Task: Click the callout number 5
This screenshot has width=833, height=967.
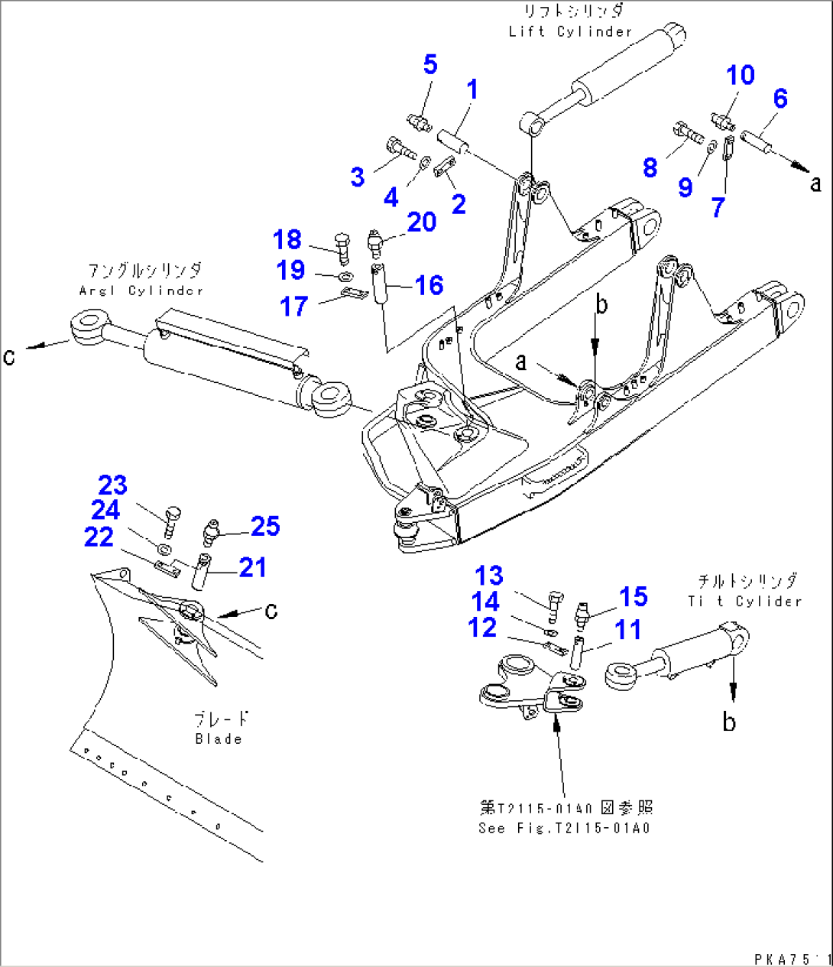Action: pyautogui.click(x=430, y=65)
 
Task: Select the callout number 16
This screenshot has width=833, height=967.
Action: pyautogui.click(x=429, y=285)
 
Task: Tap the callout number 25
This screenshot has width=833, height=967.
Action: pyautogui.click(x=265, y=526)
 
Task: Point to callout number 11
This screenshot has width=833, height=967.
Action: pyautogui.click(x=628, y=631)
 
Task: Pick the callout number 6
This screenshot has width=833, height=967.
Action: pyautogui.click(x=780, y=99)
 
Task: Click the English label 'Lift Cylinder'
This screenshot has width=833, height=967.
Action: pyautogui.click(x=570, y=31)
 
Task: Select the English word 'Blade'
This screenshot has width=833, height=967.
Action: pyautogui.click(x=219, y=739)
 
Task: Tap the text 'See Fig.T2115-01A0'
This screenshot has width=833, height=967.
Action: pyautogui.click(x=565, y=828)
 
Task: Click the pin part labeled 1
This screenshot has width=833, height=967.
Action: pyautogui.click(x=452, y=143)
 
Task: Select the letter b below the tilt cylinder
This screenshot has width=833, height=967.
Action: pyautogui.click(x=729, y=722)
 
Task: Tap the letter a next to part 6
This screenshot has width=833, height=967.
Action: pyautogui.click(x=815, y=183)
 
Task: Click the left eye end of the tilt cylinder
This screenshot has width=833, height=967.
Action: pyautogui.click(x=621, y=674)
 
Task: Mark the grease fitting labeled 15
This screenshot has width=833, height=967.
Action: pyautogui.click(x=585, y=612)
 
